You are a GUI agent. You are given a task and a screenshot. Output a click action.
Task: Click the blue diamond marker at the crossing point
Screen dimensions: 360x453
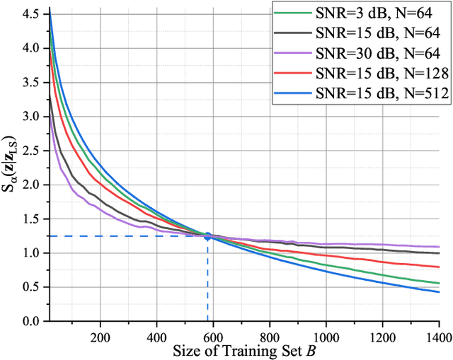[208, 236]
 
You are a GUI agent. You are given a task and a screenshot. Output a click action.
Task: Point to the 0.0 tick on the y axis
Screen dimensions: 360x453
[31, 321]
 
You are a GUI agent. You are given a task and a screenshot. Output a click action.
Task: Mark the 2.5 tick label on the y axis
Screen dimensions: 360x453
[31, 151]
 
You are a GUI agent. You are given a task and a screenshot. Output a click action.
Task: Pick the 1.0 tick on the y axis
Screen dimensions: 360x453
[31, 253]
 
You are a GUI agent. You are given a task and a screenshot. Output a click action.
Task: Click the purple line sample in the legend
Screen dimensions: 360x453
[292, 51]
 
